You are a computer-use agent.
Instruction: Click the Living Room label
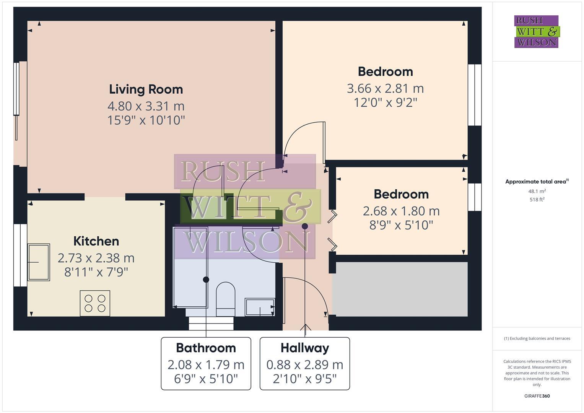146,89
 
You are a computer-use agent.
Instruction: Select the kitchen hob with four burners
95,303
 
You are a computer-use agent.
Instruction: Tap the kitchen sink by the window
39,262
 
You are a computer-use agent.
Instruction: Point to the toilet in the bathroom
226,299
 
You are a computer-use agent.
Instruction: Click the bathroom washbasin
260,307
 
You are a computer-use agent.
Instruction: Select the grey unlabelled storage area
400,289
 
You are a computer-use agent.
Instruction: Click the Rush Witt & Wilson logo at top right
536,32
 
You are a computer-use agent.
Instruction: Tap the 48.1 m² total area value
537,191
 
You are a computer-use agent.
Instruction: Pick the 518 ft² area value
537,199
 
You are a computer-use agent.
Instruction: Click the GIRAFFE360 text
537,396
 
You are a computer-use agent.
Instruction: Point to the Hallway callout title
305,348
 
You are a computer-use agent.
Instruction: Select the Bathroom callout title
206,348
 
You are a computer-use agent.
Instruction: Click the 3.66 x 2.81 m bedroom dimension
385,88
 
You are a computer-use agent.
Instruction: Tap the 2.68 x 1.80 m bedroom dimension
401,211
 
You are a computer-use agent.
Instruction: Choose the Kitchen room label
96,241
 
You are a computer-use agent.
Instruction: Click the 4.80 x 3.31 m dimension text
146,106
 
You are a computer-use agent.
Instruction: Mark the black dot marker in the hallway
305,226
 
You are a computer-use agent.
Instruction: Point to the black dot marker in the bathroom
206,280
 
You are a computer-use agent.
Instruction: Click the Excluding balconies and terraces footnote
537,338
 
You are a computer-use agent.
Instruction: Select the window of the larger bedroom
475,95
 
